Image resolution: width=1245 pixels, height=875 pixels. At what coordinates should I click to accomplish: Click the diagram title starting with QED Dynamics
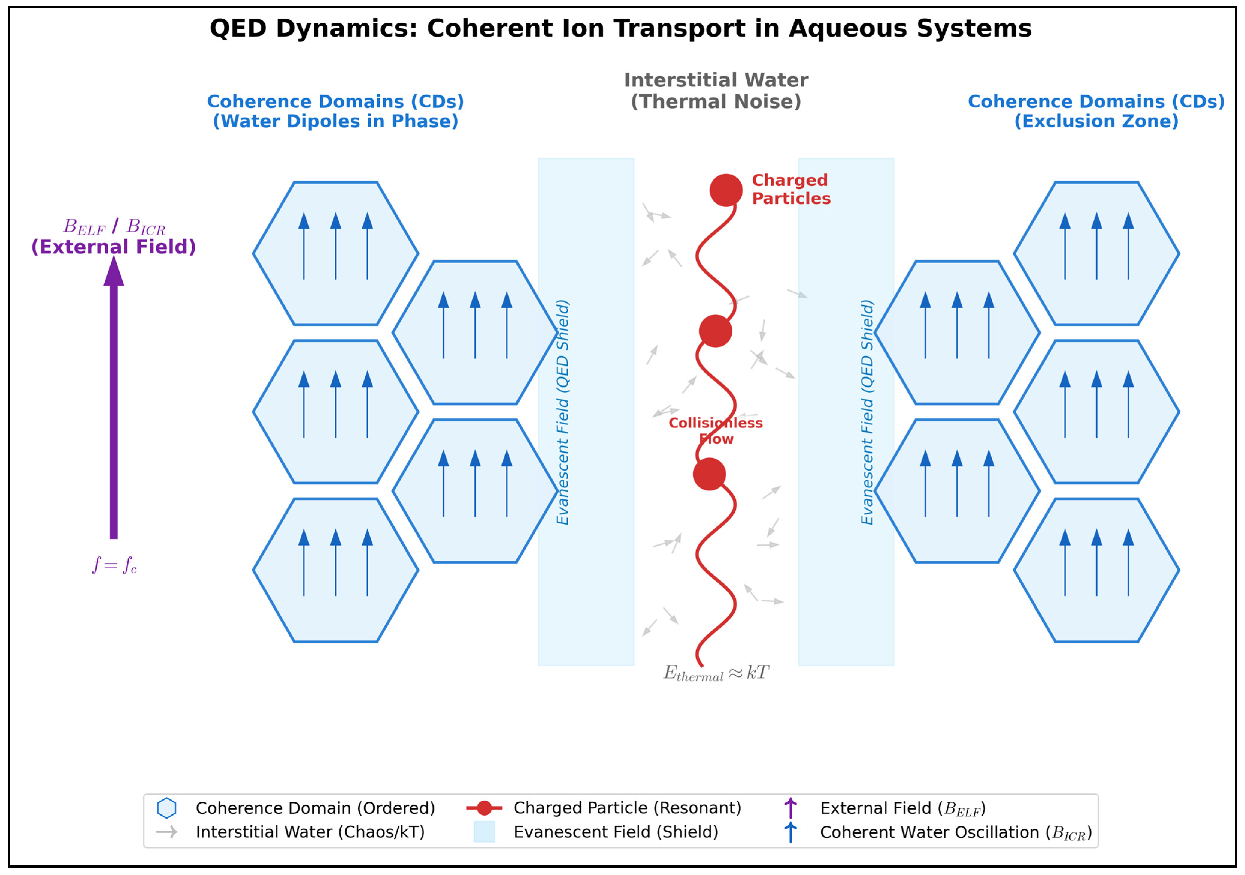620,28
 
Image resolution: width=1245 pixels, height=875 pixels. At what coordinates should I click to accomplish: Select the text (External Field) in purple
114,247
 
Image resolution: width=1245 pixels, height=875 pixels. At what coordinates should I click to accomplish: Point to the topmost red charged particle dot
725,190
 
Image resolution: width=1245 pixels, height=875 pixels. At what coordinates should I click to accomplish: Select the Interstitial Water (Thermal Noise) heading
716,91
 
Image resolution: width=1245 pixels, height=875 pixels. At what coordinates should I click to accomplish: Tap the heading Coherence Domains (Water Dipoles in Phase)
336,111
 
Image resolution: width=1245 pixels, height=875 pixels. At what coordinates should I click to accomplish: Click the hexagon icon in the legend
166,808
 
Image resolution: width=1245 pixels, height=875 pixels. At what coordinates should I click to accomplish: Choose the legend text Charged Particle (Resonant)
627,808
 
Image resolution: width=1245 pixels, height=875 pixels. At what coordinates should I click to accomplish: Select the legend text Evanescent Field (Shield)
616,832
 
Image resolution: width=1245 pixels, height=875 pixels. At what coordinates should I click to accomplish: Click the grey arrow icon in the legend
166,832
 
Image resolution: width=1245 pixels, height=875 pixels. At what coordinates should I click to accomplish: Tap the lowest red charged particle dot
709,474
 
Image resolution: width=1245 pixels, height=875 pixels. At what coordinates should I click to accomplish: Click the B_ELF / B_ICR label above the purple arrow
114,226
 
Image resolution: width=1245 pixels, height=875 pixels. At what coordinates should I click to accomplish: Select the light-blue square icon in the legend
484,832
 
